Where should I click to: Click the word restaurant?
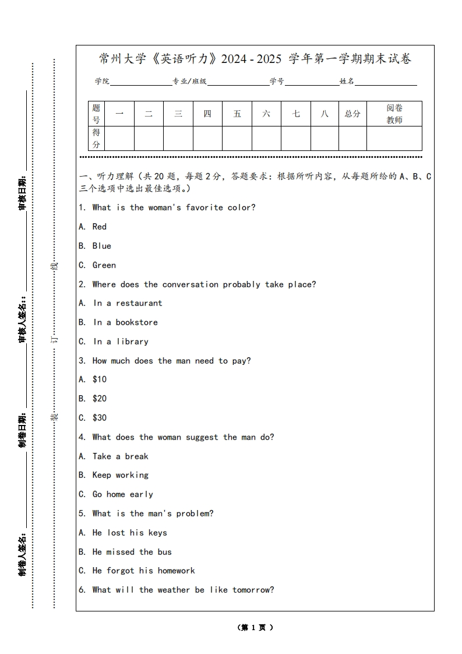(139, 303)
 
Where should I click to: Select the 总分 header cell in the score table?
(352, 114)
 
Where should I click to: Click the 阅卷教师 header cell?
(394, 114)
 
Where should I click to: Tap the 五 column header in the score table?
(237, 114)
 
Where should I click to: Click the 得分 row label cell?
(96, 138)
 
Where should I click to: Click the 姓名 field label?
(347, 82)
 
